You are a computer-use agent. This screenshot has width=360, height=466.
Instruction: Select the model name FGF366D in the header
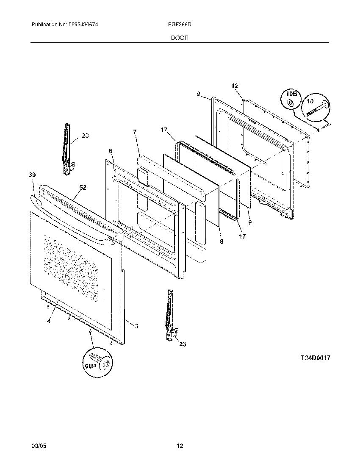pos(183,25)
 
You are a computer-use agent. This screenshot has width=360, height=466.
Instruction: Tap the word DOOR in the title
pos(180,38)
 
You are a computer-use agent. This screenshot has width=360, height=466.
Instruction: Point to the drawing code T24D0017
pos(316,358)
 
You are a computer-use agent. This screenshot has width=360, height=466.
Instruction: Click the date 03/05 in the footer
pos(38,446)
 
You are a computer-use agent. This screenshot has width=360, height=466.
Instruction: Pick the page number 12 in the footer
pos(180,446)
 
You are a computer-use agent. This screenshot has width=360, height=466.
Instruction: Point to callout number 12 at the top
pos(235,86)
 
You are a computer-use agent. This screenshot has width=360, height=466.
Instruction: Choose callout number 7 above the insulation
pos(135,132)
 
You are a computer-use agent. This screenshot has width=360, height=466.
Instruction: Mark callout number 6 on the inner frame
pos(111,151)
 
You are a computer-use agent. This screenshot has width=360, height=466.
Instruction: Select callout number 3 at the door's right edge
pos(136,326)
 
